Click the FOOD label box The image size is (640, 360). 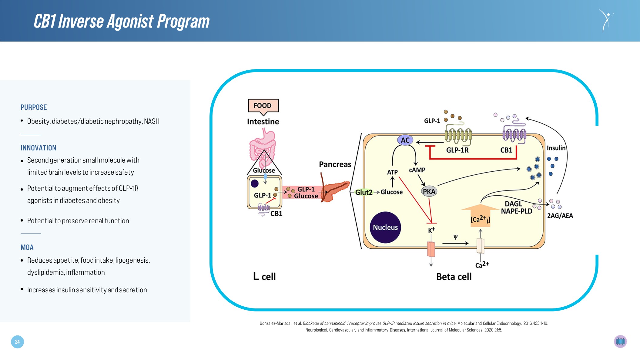pos(263,106)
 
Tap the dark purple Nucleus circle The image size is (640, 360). pos(385,227)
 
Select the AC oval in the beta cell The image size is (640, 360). pos(405,140)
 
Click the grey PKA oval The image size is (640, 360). pos(429,191)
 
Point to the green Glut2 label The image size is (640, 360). pos(364,192)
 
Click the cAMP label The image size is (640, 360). pos(417,170)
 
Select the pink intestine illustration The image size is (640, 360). pos(263,146)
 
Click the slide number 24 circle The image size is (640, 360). pos(17,342)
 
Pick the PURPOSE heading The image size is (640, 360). pos(34,107)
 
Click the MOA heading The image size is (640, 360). pos(27,247)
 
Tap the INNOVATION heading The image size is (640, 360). pos(39,148)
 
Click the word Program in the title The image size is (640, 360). pos(183,22)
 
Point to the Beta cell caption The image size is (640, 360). pos(454,277)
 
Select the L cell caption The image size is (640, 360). pos(264,277)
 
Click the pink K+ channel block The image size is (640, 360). pos(431,249)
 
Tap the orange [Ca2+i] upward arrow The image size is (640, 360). pos(480,215)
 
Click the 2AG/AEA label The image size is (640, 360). pos(560,216)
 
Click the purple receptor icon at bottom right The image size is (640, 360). pos(620,341)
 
